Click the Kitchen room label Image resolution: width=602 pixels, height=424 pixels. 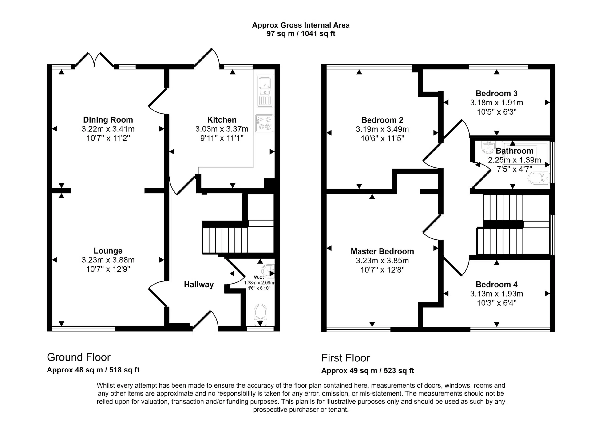coord(222,120)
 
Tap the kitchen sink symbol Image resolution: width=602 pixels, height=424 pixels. coord(265,91)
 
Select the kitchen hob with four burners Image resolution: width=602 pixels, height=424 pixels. coord(264,123)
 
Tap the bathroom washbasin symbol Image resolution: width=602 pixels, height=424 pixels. coord(488,147)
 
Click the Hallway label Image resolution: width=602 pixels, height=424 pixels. coord(199,285)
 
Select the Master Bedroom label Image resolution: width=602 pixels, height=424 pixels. coord(382,251)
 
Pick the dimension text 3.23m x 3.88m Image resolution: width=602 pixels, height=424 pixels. coord(108,260)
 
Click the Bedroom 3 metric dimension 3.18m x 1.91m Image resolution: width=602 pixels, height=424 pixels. coord(497,103)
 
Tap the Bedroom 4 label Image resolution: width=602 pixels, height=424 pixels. coord(497,285)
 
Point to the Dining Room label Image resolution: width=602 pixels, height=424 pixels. coord(108,120)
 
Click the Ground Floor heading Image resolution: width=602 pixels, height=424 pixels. coord(79,357)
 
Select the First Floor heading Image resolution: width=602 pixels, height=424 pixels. coord(346,358)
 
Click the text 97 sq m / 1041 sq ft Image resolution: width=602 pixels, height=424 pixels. coord(301,34)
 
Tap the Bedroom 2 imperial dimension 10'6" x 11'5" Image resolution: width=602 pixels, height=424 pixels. coord(382,139)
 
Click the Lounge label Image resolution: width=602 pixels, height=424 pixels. coord(108,251)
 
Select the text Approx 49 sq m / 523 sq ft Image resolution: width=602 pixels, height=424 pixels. coord(368,371)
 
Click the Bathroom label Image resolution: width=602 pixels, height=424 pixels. coord(515,151)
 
